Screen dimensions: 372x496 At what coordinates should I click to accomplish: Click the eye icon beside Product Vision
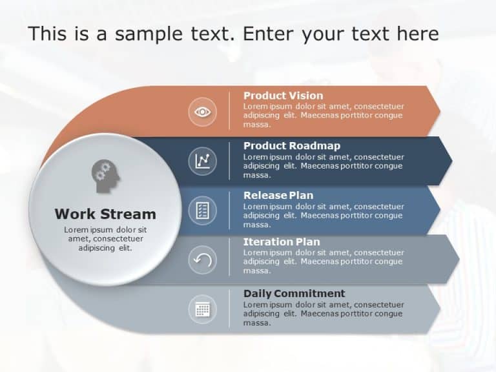coord(202,112)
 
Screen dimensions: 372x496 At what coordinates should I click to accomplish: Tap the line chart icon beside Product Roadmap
coord(202,161)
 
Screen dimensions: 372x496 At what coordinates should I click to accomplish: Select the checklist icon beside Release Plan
coord(202,211)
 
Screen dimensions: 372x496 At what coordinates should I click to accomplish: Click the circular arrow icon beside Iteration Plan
coord(202,260)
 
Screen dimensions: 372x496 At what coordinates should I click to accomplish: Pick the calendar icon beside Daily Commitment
coord(202,309)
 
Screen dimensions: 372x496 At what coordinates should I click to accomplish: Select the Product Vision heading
coord(283,96)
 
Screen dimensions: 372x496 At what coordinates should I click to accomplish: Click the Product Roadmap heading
coord(291,145)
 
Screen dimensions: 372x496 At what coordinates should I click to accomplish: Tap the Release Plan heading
coord(278,195)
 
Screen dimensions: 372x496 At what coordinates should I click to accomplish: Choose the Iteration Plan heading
coord(281,242)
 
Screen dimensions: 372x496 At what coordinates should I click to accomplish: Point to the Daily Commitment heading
coord(294,293)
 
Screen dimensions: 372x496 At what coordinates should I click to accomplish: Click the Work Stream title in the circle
coord(105,214)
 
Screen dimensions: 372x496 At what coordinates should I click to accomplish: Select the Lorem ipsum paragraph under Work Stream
coord(105,238)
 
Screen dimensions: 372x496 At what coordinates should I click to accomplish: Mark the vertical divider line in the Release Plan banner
coord(229,211)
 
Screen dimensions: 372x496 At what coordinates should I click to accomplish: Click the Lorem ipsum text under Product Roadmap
coord(324,166)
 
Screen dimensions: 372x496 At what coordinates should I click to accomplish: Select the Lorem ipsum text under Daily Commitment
coord(324,314)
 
